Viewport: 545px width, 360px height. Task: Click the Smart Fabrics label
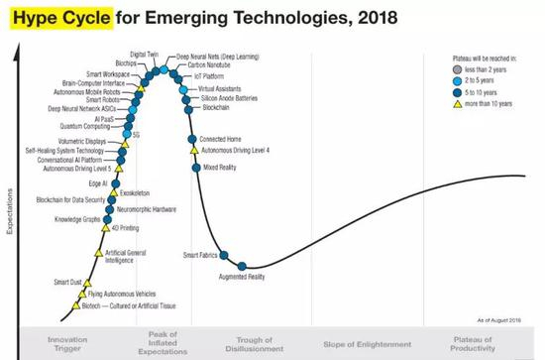pos(201,256)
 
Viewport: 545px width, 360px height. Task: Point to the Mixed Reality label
pos(221,168)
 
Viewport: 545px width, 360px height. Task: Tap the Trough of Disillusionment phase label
pos(257,343)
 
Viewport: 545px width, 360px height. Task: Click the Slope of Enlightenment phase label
pos(364,344)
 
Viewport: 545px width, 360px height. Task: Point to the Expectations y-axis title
pos(8,209)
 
